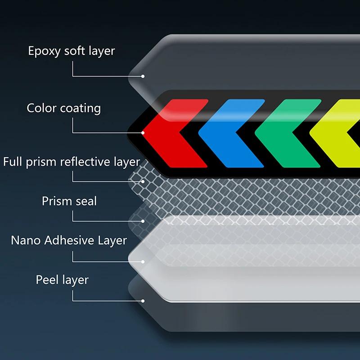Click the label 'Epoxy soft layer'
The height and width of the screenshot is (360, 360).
(72, 51)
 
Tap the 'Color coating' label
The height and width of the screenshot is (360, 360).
(63, 108)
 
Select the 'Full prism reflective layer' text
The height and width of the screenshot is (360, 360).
(72, 162)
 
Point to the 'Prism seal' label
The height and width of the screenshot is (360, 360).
(69, 201)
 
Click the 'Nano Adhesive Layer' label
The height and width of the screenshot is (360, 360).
(69, 240)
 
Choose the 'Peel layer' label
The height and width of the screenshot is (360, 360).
(62, 280)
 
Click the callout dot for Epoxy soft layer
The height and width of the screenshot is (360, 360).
(143, 76)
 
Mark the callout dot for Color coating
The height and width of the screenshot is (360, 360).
(143, 133)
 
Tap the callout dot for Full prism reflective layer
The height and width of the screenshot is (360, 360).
(143, 182)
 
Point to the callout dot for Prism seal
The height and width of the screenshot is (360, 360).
(143, 221)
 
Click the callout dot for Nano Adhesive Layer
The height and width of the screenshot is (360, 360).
(143, 262)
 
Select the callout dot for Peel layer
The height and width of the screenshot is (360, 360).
(143, 301)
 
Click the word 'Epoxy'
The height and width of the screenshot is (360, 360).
(44, 51)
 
